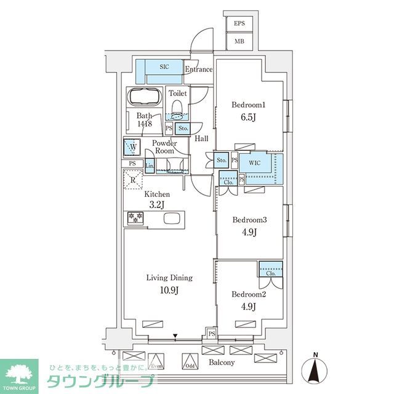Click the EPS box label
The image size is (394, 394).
[x=239, y=24]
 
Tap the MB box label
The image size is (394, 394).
[x=239, y=42]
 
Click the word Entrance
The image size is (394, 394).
[x=198, y=70]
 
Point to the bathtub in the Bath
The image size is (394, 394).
[x=144, y=97]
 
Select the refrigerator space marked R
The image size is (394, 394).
[x=134, y=179]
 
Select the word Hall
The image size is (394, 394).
[x=202, y=139]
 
